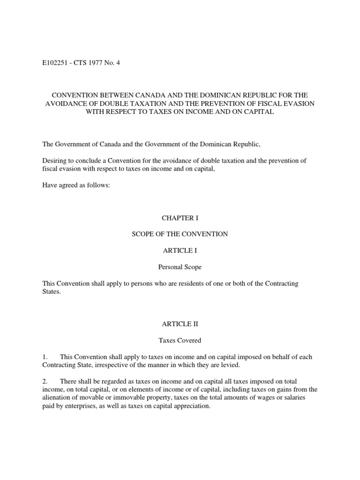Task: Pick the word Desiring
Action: (55, 161)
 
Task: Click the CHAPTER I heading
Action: (180, 218)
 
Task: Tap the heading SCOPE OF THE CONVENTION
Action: (180, 234)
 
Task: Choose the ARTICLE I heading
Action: (180, 251)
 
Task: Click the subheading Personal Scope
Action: (180, 267)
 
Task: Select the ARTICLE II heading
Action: (180, 324)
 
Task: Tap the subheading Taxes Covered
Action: (180, 340)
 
